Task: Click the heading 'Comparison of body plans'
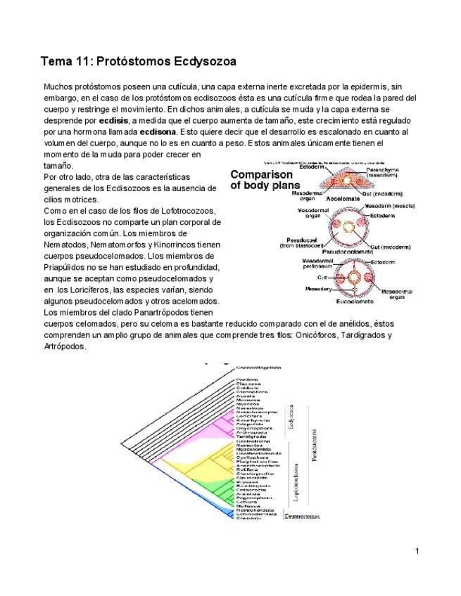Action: [x=261, y=180]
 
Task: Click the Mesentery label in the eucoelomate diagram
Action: [x=299, y=289]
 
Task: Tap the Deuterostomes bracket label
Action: [x=303, y=517]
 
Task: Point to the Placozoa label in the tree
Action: [x=248, y=384]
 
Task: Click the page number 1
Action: [x=417, y=550]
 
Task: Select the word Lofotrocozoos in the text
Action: [x=182, y=211]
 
